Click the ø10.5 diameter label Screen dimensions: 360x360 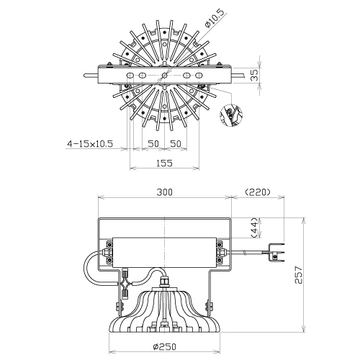tap(215, 19)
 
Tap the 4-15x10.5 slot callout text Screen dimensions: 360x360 tap(90, 144)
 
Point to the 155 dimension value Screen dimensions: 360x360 tap(164, 163)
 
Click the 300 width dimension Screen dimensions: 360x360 tap(164, 192)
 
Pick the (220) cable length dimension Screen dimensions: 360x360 tap(258, 192)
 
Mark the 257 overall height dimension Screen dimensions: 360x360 tap(298, 275)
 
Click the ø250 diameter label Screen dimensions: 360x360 tap(165, 346)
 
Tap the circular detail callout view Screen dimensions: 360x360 tap(231, 114)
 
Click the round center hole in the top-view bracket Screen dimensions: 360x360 tap(164, 76)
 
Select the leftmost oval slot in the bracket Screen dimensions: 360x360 tap(130, 76)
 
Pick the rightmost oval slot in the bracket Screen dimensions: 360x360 tap(199, 76)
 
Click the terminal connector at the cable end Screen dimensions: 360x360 tap(276, 253)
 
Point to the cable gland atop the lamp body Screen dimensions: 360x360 tap(164, 282)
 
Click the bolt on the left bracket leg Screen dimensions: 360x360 tap(120, 306)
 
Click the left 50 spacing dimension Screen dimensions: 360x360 tap(153, 144)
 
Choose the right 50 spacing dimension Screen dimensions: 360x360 tap(176, 144)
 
